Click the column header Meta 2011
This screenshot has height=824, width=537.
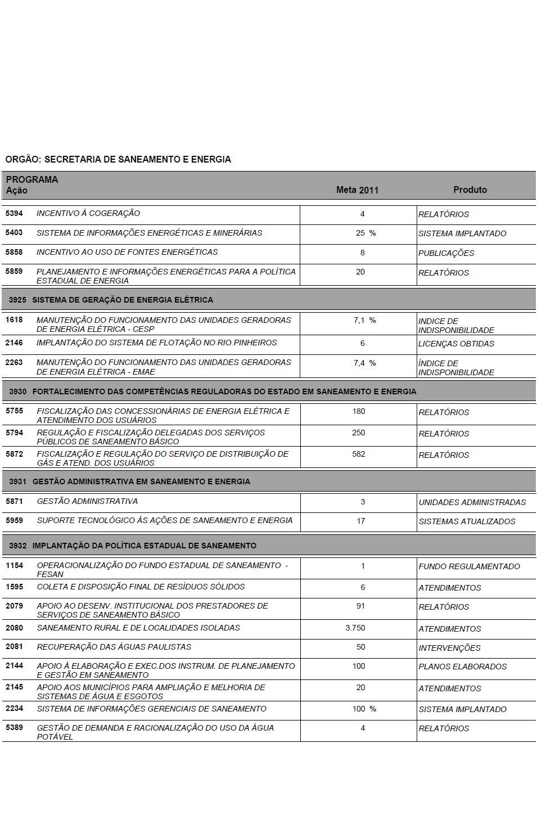[x=357, y=190]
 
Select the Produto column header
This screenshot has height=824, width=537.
[x=470, y=190]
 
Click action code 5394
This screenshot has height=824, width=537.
[x=14, y=213]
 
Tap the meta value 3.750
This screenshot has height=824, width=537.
[x=355, y=628]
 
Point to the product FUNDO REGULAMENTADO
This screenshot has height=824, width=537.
[x=469, y=566]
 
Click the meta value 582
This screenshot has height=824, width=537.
[x=359, y=454]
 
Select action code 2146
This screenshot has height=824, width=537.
[x=14, y=343]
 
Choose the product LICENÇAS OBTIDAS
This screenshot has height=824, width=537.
[x=456, y=344]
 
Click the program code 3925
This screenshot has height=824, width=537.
[x=17, y=300]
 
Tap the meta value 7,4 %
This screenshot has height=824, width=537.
[x=364, y=363]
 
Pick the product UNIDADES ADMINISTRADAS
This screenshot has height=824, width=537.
[x=472, y=502]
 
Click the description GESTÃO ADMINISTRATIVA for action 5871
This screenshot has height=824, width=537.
[x=87, y=501]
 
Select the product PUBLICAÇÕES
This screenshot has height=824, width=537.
[x=446, y=253]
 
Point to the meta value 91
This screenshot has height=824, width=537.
[x=360, y=606]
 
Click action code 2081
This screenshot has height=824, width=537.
[x=14, y=647]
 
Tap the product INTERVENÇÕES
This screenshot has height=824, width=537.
[x=449, y=648]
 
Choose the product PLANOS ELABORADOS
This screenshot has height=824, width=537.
[x=462, y=667]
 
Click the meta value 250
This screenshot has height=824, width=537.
[x=359, y=433]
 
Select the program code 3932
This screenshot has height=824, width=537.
[x=17, y=546]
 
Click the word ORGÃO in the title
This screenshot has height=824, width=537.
[x=22, y=160]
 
